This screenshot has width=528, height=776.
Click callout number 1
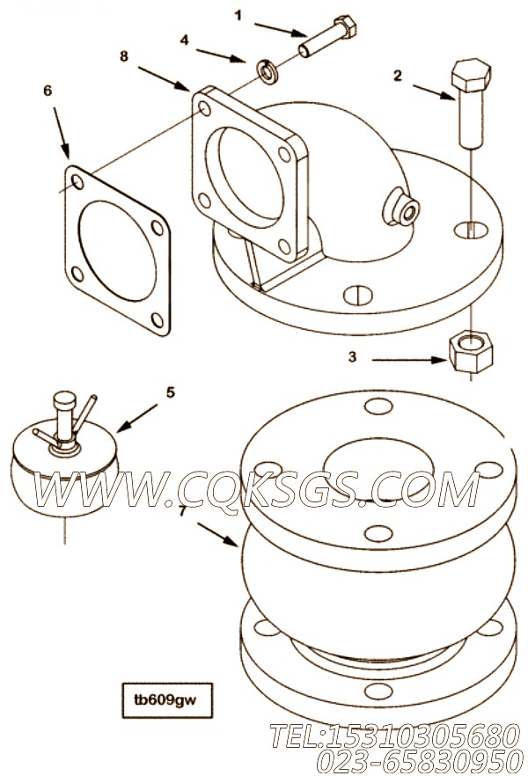click(238, 15)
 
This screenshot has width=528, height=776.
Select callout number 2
click(398, 76)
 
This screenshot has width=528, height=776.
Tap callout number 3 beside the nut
click(352, 357)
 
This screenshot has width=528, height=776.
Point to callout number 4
click(184, 40)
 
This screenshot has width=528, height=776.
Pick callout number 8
click(124, 55)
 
